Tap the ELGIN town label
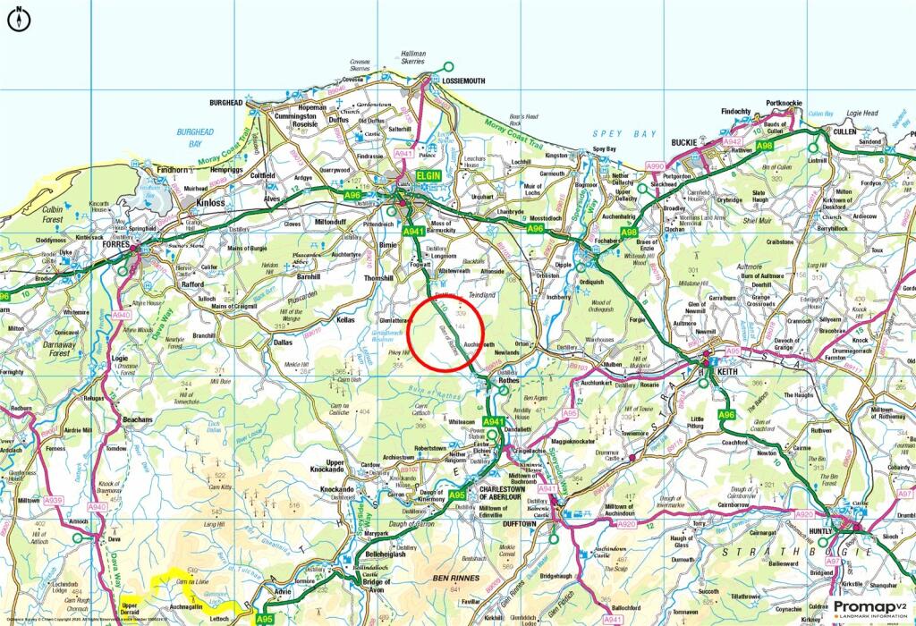pyautogui.click(x=428, y=177)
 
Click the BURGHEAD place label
pyautogui.click(x=226, y=103)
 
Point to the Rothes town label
pyautogui.click(x=509, y=379)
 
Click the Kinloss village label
pyautogui.click(x=210, y=203)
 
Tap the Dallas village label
pyautogui.click(x=283, y=342)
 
